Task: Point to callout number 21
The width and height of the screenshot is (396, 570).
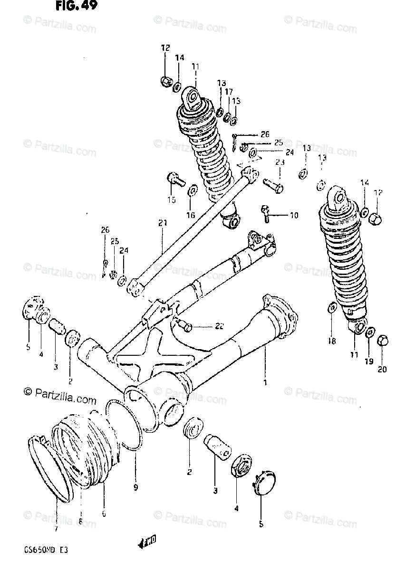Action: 162,222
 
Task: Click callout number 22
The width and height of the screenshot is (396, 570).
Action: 219,325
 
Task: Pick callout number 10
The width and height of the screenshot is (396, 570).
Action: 294,216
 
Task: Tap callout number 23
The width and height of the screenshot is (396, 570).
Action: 280,162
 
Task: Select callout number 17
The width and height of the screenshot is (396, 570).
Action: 229,91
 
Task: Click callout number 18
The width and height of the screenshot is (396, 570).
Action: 332,341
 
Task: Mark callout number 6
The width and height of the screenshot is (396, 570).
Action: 104,513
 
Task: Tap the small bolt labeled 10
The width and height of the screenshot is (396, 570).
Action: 266,213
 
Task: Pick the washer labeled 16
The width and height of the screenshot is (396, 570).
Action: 193,190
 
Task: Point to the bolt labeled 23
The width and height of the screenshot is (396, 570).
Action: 272,183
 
